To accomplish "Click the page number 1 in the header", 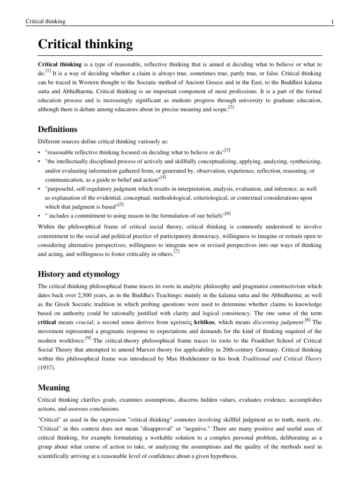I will tap(319, 22).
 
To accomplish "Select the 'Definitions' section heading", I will tap(58, 129).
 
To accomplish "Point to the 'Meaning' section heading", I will tap(53, 388).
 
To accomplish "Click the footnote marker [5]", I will tap(120, 204).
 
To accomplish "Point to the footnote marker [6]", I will tap(227, 213).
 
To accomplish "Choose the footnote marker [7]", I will tap(177, 252).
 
